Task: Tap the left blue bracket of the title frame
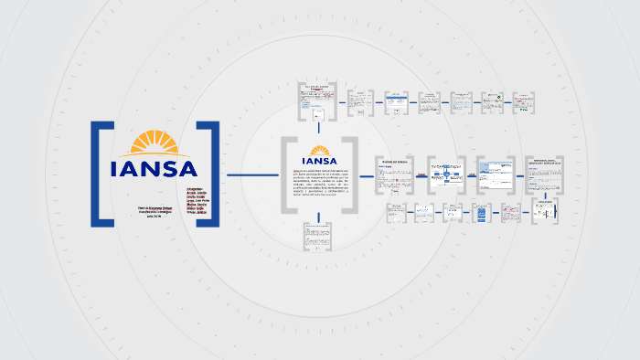[x=99, y=173]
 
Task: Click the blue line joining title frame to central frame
[x=251, y=175]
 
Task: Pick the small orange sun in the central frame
[x=319, y=151]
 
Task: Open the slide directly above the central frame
[x=317, y=101]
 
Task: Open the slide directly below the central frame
[x=317, y=236]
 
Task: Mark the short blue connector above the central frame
[x=317, y=128]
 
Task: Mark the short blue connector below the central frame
[x=317, y=216]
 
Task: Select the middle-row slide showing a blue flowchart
[x=447, y=173]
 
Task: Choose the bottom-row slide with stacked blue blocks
[x=482, y=214]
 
